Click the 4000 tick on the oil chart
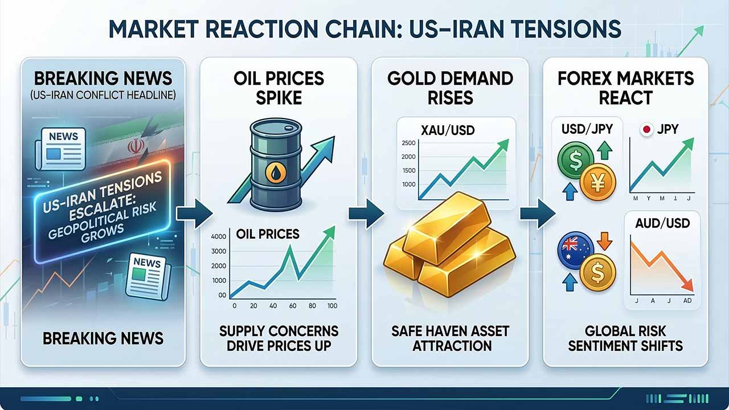(x=218, y=237)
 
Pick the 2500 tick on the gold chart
(x=408, y=142)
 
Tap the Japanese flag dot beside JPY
(x=646, y=130)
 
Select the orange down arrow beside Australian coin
(x=605, y=244)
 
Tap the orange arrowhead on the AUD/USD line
(x=687, y=284)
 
